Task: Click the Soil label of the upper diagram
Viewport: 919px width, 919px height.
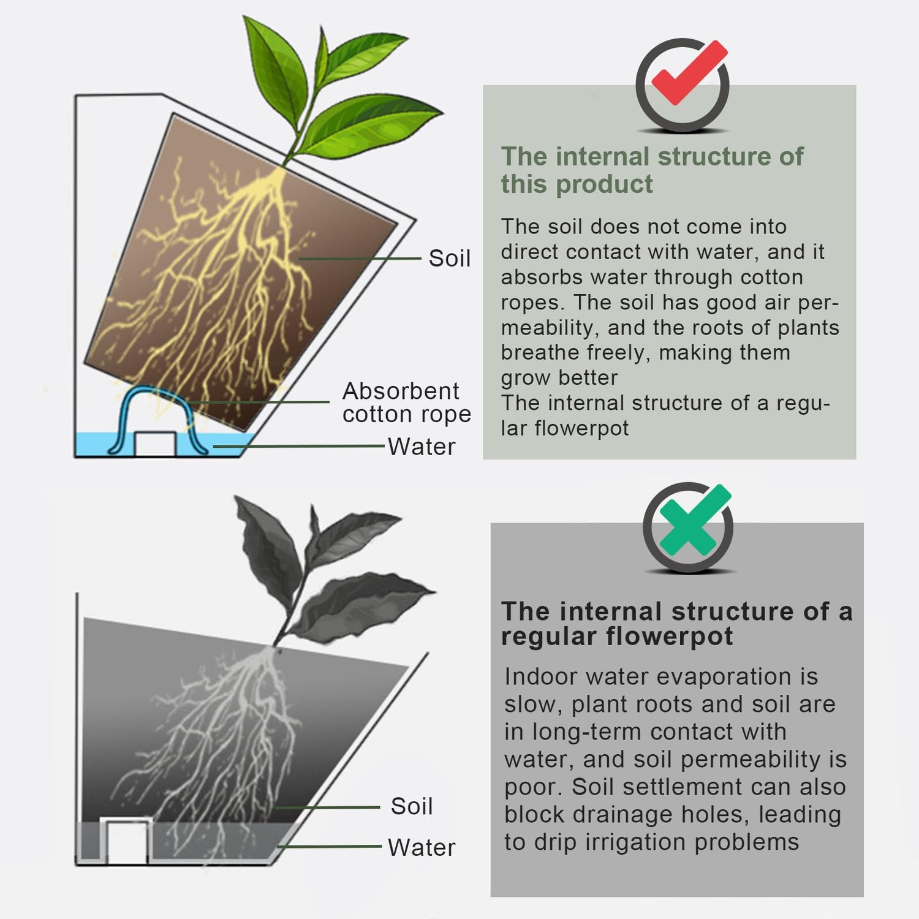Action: pos(449,259)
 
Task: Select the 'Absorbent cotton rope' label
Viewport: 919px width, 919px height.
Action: pos(406,403)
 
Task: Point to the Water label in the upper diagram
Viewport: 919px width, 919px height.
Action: pos(422,447)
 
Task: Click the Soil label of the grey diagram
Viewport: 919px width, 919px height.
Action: pos(412,806)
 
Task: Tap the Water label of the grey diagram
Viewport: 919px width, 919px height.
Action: pos(422,847)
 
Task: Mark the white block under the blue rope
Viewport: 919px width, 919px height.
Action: pos(156,444)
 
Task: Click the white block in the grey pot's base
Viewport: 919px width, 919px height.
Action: pos(127,841)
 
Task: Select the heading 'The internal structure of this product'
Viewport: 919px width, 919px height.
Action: pos(652,170)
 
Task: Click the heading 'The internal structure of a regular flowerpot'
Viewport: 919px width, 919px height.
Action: pos(676,624)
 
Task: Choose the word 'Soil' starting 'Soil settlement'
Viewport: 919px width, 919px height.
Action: pos(593,787)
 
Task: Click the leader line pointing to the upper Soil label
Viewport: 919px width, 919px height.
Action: pos(360,259)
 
